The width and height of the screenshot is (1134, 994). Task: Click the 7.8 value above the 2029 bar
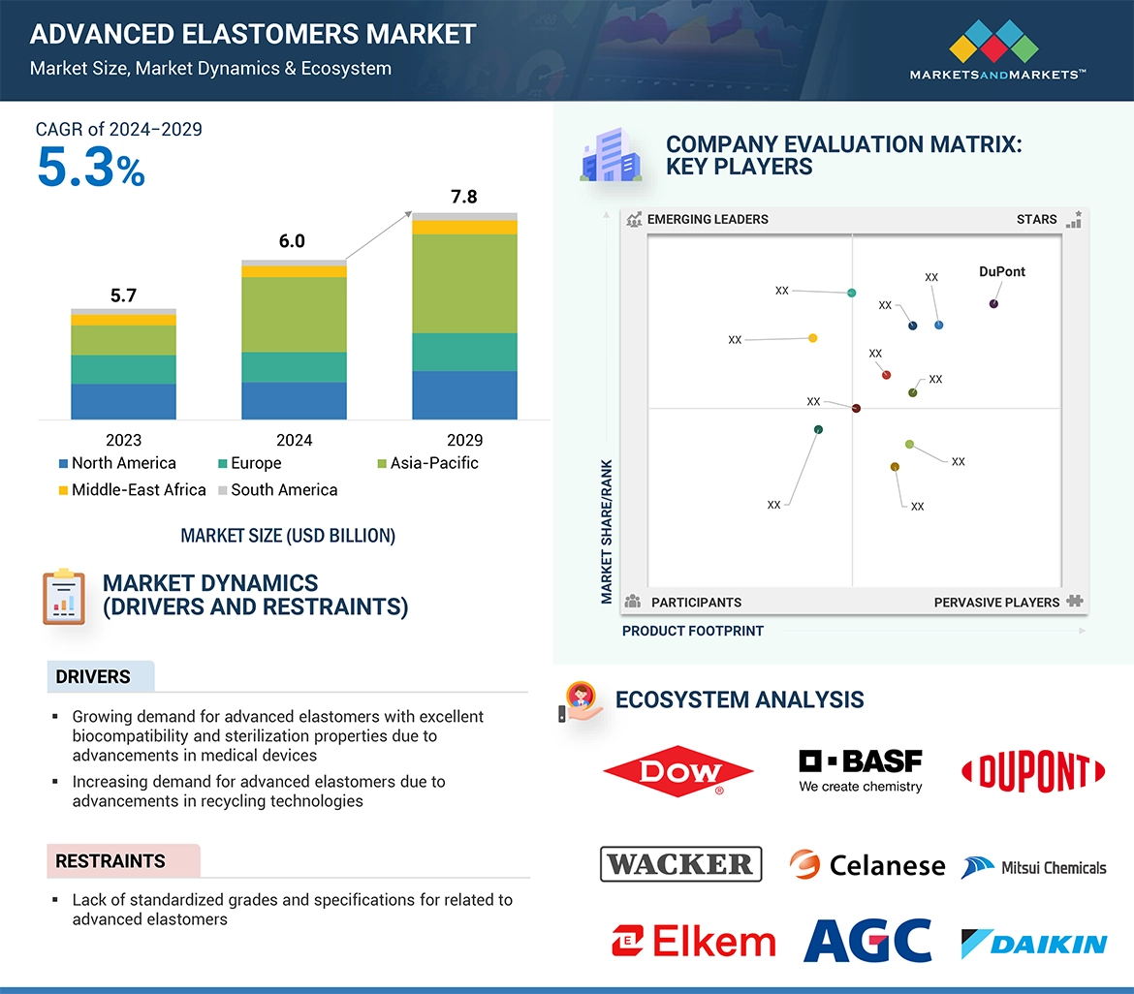point(464,197)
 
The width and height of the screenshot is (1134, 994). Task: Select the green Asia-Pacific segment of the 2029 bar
point(464,283)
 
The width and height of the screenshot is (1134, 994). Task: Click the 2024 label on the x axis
point(294,440)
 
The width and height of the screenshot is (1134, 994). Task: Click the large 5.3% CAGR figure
point(90,168)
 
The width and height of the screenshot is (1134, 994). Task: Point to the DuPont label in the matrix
point(1002,272)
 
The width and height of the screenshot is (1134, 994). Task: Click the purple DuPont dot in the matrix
point(993,304)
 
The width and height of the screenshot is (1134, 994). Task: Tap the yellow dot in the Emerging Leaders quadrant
point(812,338)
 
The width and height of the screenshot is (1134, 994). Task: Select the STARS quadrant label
point(1036,220)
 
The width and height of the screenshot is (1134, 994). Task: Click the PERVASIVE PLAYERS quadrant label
point(996,603)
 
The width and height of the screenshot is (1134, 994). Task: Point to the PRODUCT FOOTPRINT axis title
point(693,632)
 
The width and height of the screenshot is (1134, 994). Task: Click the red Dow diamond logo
point(678,771)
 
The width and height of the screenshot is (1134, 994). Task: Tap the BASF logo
point(860,771)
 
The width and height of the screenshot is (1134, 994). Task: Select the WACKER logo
point(680,863)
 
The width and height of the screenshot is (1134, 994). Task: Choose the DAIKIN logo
point(1033,944)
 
